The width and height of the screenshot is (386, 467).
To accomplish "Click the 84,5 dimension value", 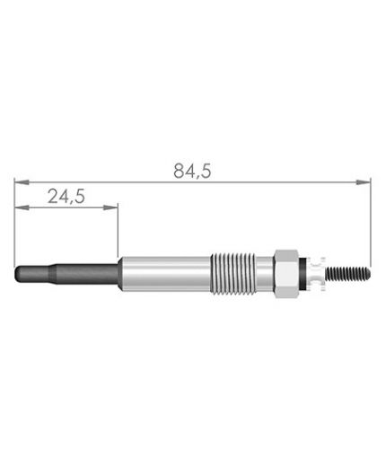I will (192, 171).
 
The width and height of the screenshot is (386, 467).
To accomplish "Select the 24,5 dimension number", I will (66, 198).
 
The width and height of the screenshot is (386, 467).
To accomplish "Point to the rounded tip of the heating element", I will (19, 271).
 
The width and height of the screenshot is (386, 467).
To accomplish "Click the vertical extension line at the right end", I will (371, 225).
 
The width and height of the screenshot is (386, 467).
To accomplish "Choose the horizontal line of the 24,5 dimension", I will (67, 208).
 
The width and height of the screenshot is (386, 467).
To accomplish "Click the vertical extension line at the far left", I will (14, 225).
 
